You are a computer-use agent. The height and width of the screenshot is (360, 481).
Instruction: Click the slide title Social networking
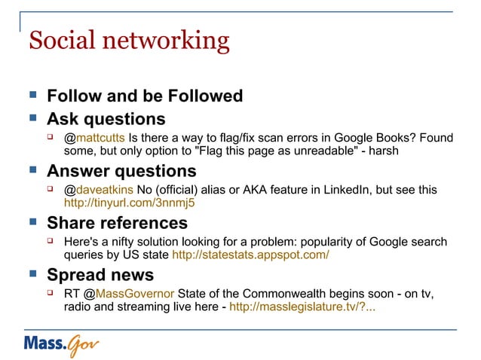point(128,40)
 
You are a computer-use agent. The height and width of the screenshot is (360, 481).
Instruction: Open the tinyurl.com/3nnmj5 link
point(129,203)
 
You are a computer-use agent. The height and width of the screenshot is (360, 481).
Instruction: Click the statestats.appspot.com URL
point(250,255)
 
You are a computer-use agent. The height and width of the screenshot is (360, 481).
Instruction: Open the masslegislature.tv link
point(303,307)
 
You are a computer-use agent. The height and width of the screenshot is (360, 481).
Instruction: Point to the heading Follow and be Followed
point(145,96)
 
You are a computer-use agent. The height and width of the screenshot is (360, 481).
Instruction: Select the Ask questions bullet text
point(106,119)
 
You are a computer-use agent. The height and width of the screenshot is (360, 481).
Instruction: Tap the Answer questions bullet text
point(121,171)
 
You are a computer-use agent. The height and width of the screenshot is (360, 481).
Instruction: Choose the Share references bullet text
point(117,224)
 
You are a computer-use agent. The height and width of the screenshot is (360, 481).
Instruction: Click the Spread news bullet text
point(100,275)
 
